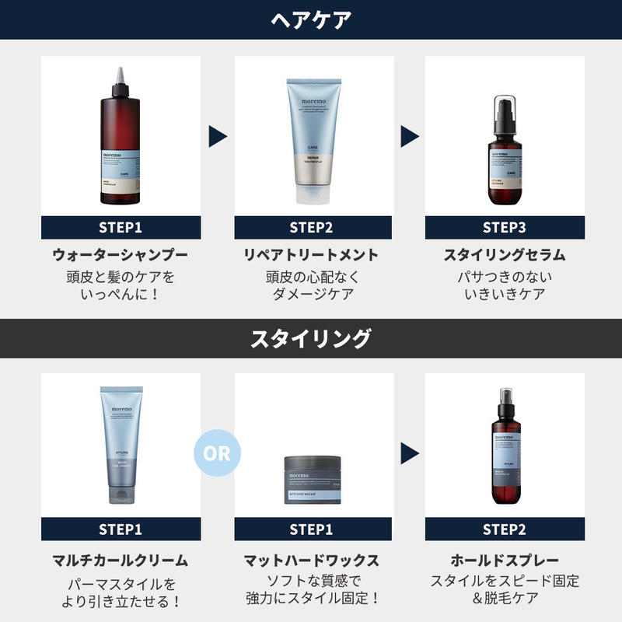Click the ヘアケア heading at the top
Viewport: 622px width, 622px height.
(310, 19)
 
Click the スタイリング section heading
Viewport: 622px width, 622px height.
(310, 338)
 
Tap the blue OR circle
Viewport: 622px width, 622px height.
(218, 453)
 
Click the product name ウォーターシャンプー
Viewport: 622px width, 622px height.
(121, 254)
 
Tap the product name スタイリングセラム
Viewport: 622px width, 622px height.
(505, 254)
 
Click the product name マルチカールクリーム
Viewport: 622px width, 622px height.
(121, 560)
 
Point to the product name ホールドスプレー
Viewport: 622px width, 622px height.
(505, 560)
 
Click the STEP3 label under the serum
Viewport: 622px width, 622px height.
(505, 228)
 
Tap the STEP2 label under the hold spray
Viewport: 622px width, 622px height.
(505, 529)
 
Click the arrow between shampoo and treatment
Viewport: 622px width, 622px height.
(218, 137)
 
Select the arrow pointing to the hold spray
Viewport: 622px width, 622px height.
(410, 453)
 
